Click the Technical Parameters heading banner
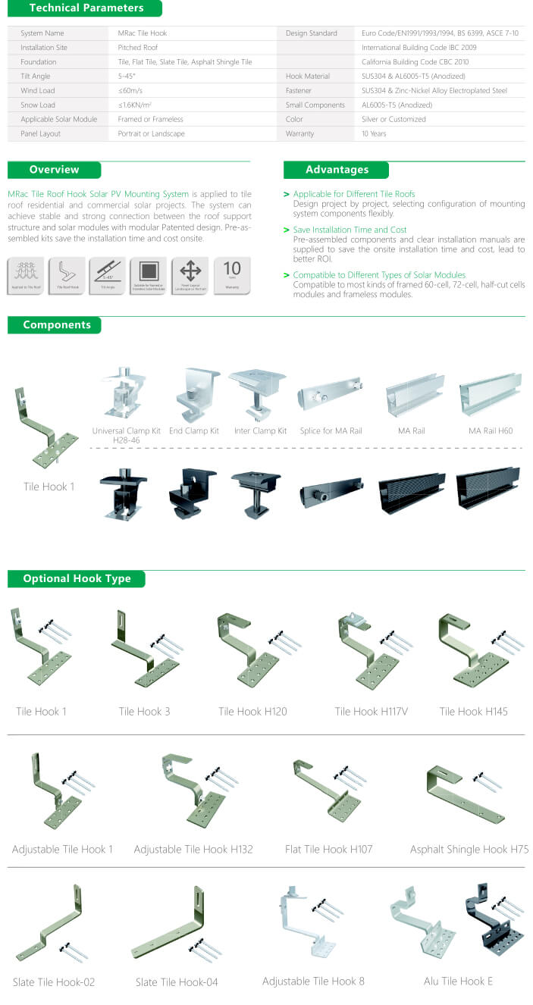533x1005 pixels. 85,8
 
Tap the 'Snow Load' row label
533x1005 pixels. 38,105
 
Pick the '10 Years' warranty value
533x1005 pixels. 374,133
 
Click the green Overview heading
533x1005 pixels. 54,170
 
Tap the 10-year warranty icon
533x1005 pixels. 232,276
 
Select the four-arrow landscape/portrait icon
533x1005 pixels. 190,276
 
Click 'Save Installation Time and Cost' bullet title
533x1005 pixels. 350,230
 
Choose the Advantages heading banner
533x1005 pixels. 336,170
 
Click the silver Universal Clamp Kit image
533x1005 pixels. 124,393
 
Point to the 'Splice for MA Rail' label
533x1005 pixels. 331,431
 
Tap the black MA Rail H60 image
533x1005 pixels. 488,487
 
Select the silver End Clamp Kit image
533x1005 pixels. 194,394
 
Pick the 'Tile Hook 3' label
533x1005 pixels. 144,712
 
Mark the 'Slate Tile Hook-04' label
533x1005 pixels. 177,982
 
